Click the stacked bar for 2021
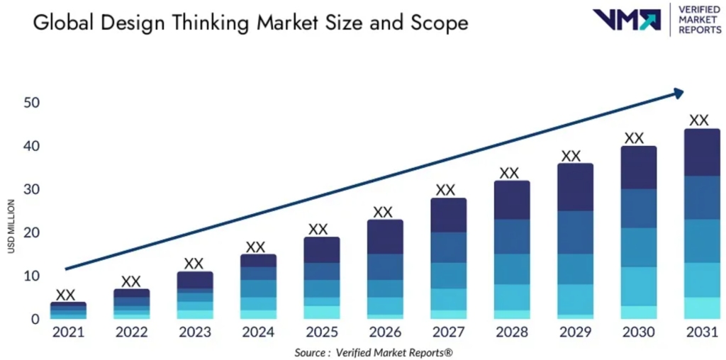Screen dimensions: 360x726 point(68,310)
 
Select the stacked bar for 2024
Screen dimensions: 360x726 point(259,287)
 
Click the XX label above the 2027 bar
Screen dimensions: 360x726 point(445,190)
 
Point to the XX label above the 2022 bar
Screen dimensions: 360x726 point(131,281)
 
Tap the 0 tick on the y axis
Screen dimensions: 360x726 point(35,319)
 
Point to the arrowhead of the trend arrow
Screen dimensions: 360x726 point(678,93)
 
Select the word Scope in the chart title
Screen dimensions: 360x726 point(439,23)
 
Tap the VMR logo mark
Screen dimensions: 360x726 point(626,20)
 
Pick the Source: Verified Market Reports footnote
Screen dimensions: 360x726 point(374,351)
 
